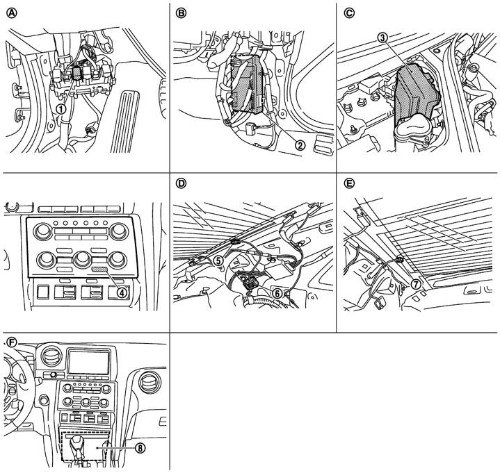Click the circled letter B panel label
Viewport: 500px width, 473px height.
tap(181, 13)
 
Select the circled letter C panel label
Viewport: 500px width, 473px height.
tap(350, 13)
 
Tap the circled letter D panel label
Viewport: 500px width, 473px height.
tap(181, 183)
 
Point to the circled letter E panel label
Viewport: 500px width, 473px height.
tap(350, 183)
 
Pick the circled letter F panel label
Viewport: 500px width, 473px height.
tap(12, 342)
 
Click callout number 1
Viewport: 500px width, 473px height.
tap(61, 109)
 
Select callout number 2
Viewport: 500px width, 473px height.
tap(300, 145)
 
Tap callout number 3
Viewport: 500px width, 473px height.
tap(382, 38)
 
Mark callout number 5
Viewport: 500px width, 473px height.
tap(218, 260)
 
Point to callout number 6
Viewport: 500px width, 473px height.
tap(277, 294)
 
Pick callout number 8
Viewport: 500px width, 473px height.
tap(140, 448)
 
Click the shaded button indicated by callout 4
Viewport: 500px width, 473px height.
tap(100, 269)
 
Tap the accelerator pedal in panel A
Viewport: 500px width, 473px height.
tap(124, 121)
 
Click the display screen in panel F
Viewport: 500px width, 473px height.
tap(88, 361)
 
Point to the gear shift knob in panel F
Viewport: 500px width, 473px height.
tap(76, 442)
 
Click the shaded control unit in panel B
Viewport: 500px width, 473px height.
tap(247, 83)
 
